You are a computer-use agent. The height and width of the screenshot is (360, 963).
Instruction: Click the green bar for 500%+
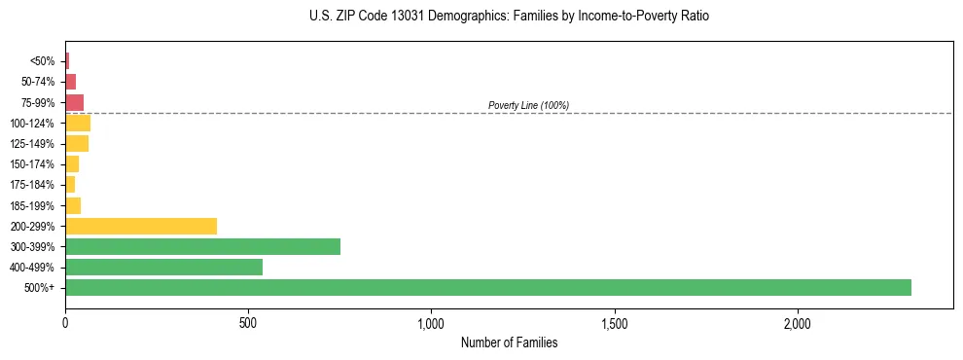[x=487, y=287]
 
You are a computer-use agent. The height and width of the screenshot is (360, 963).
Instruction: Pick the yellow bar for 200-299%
[x=141, y=226]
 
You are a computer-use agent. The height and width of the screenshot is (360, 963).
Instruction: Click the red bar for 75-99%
[x=74, y=102]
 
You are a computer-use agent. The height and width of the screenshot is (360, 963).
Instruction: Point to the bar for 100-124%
[x=78, y=123]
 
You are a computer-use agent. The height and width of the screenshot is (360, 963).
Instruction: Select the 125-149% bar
[x=77, y=143]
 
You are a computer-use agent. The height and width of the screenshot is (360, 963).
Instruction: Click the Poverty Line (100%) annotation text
[x=528, y=105]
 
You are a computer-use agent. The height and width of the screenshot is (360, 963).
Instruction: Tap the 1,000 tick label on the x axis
[x=431, y=323]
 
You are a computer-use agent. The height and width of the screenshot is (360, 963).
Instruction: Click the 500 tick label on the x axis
[x=248, y=323]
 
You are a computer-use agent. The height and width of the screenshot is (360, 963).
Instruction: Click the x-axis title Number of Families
[x=509, y=342]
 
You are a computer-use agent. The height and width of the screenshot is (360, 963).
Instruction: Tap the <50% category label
[x=43, y=61]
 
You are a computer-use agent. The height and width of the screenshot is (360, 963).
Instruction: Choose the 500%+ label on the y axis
[x=40, y=288]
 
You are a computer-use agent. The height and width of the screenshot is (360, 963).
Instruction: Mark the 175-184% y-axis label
[x=32, y=185]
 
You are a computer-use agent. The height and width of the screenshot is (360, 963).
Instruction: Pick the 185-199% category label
[x=32, y=205]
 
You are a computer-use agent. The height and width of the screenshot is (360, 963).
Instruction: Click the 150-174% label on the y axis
[x=32, y=164]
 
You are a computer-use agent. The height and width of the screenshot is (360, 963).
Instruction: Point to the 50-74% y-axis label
[x=37, y=82]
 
